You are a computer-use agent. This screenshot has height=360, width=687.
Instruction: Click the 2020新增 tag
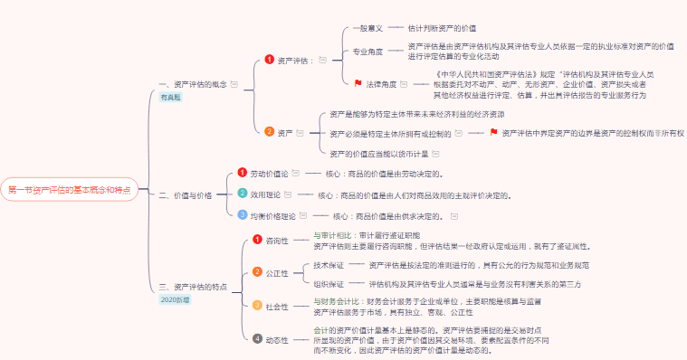(177, 298)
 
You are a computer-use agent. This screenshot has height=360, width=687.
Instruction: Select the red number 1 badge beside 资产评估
(269, 60)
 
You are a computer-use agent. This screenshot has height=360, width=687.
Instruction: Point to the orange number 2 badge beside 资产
(269, 131)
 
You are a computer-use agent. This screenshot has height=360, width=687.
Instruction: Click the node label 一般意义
(367, 28)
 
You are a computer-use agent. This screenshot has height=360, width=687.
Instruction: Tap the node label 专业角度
(367, 51)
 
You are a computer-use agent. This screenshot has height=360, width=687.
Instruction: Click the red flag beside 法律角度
(358, 83)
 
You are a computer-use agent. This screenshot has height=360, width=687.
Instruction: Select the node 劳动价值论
(269, 173)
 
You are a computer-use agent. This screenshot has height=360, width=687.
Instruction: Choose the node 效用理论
(265, 194)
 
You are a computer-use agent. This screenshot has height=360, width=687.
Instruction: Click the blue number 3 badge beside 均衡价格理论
(242, 215)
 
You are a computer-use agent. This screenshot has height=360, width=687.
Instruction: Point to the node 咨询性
(277, 241)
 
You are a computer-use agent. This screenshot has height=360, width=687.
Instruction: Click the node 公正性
(277, 272)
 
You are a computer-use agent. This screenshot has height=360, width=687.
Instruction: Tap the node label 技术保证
(329, 265)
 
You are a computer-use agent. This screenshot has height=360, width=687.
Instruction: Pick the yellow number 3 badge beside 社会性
(257, 306)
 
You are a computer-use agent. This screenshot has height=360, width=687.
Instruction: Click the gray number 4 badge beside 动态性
(257, 339)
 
